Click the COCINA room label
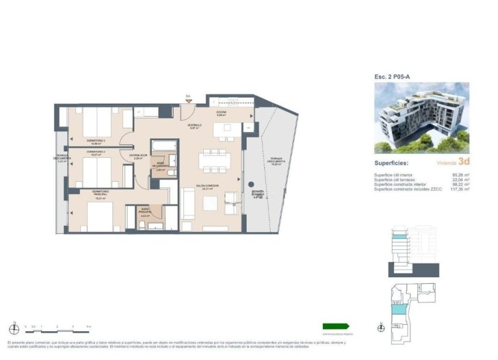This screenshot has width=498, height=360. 221,111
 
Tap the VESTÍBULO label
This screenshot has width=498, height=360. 195,125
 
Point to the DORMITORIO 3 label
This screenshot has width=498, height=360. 96,141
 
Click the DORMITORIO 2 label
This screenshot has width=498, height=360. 95,152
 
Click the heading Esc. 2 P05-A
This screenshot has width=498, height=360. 392,77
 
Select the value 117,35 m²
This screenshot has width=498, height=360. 459,189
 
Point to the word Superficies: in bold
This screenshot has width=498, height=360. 392,164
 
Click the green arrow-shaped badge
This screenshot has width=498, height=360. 336,327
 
